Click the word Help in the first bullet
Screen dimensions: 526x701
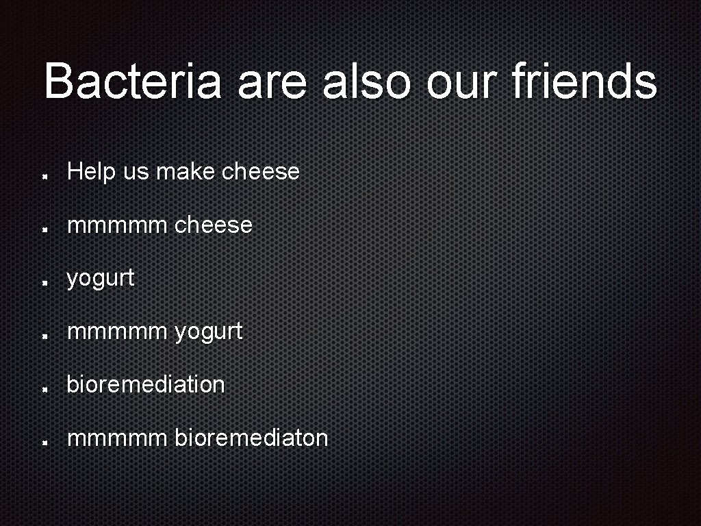point(92,172)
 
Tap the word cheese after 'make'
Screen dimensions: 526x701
point(262,171)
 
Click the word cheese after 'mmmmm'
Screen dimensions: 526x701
point(214,225)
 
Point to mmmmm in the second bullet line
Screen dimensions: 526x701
point(117,225)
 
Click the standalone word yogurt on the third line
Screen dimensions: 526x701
point(101,279)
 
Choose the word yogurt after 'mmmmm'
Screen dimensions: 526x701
point(209,332)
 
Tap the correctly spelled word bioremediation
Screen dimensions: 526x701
point(146,384)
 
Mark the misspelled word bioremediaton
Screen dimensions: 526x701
point(252,438)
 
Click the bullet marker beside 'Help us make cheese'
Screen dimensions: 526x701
point(44,176)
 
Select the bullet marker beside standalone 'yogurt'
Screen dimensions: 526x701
point(44,282)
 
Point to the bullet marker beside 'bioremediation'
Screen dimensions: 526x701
point(44,389)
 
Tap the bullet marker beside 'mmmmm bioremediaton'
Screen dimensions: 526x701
point(44,442)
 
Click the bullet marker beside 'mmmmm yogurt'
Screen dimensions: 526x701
point(44,336)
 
